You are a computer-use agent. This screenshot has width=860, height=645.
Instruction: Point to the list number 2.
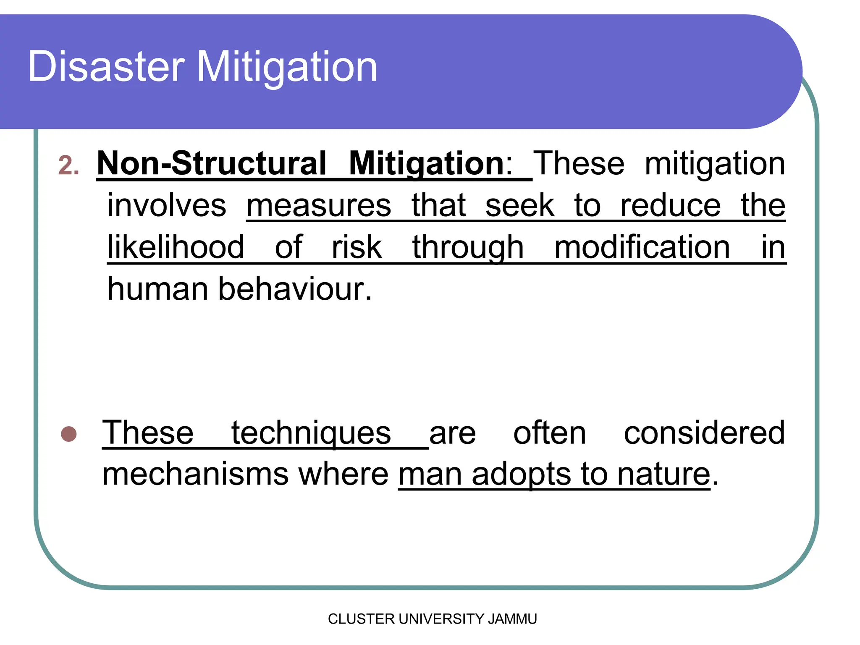tap(68, 165)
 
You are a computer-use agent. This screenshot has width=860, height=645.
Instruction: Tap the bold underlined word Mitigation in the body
tap(426, 164)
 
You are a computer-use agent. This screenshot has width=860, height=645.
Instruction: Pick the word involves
tap(167, 205)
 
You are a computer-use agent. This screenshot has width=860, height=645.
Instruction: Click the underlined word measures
tap(319, 205)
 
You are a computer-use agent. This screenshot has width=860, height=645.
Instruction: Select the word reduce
tap(670, 205)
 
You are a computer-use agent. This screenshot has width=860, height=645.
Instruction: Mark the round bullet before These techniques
tap(69, 434)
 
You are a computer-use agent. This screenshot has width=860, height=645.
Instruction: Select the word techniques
tap(311, 433)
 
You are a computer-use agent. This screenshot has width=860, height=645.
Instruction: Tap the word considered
tap(704, 433)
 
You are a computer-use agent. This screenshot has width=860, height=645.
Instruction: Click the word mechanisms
tap(196, 474)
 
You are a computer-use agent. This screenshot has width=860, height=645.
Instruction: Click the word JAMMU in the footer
tap(512, 619)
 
